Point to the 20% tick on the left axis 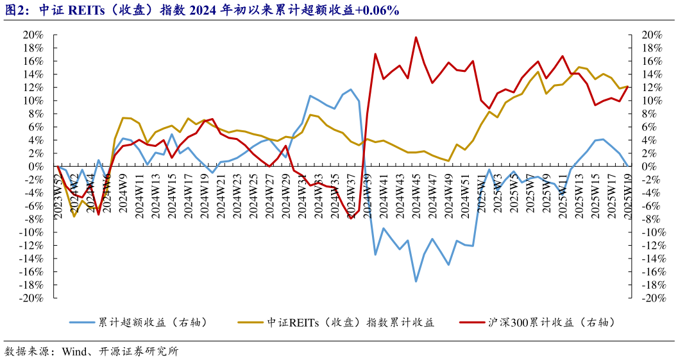[33, 35]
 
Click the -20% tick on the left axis [31, 298]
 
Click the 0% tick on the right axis [647, 166]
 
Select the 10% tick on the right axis [650, 101]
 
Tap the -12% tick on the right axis [652, 246]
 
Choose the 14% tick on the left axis [33, 74]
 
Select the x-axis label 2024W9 [123, 195]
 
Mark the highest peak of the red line [416, 37]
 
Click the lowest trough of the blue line [416, 282]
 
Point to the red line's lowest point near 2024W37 [351, 219]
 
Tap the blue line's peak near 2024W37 [351, 89]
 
